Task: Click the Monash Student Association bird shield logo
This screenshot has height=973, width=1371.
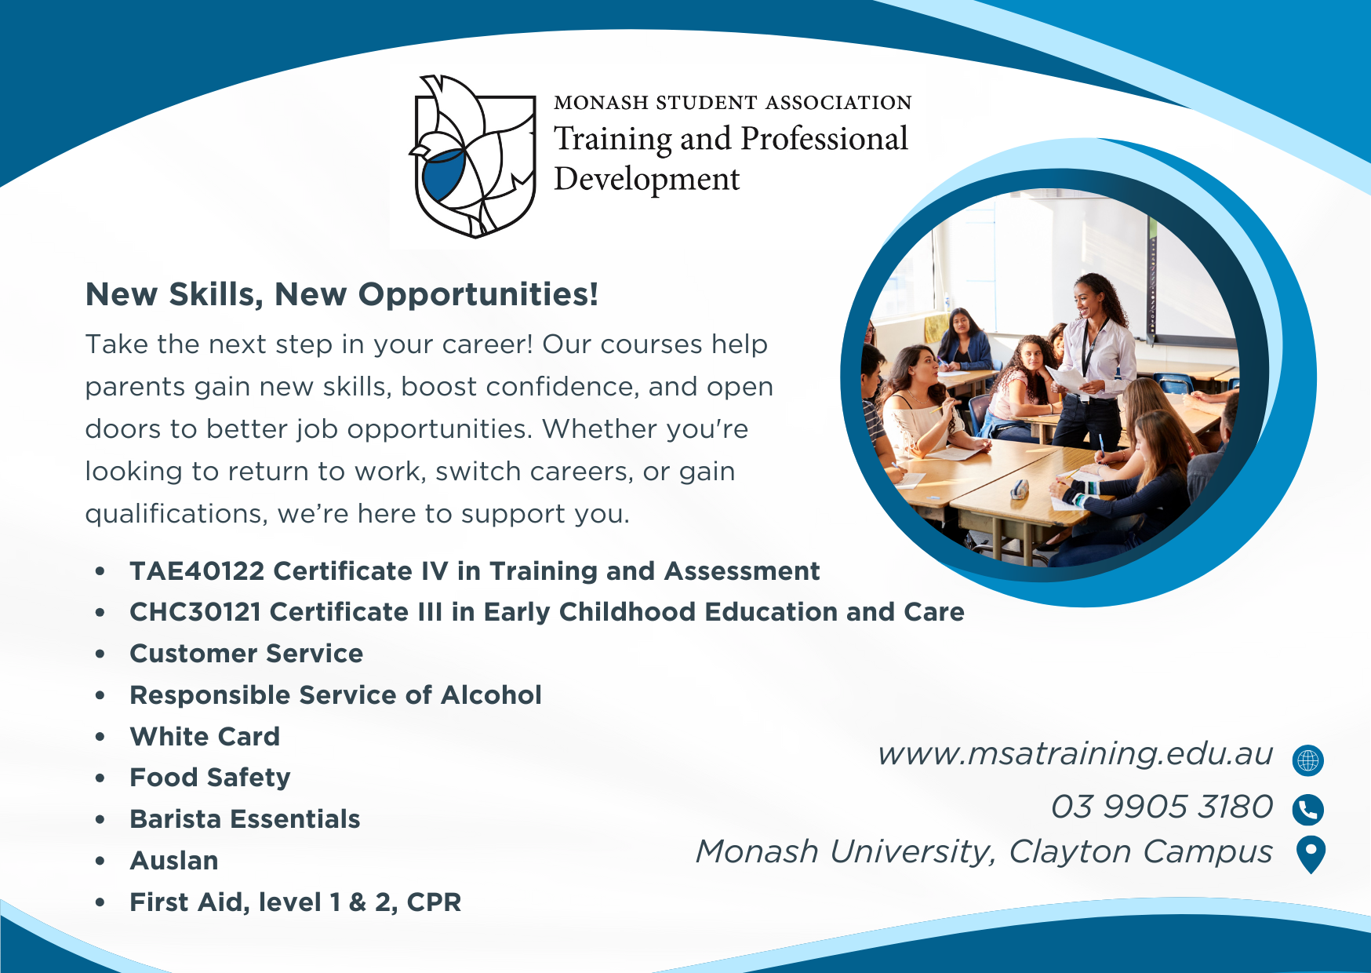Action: coord(473,156)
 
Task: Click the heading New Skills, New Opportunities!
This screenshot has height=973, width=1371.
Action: coord(342,294)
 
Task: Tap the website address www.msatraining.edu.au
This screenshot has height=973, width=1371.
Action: coord(1075,753)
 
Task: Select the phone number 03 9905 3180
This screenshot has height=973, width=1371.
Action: coord(1162,807)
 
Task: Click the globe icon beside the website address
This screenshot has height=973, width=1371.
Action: coord(1308,760)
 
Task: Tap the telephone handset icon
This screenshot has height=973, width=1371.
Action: coord(1308,810)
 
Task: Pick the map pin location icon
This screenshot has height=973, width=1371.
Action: coord(1311,855)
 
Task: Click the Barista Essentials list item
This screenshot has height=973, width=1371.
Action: coord(245,819)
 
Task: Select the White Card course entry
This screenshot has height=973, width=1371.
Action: coord(205,737)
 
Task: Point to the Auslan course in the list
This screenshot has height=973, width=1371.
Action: coord(174,861)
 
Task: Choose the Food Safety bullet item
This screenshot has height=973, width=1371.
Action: coord(210,778)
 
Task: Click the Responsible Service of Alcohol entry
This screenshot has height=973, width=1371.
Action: coord(336,695)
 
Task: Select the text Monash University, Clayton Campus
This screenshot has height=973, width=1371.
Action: coord(984,852)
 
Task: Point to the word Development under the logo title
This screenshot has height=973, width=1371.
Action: coord(647,180)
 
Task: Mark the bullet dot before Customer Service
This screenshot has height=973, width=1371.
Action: coord(100,654)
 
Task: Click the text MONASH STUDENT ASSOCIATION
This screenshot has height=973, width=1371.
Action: coord(733,103)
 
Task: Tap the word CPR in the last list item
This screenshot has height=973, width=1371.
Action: coord(434,902)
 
